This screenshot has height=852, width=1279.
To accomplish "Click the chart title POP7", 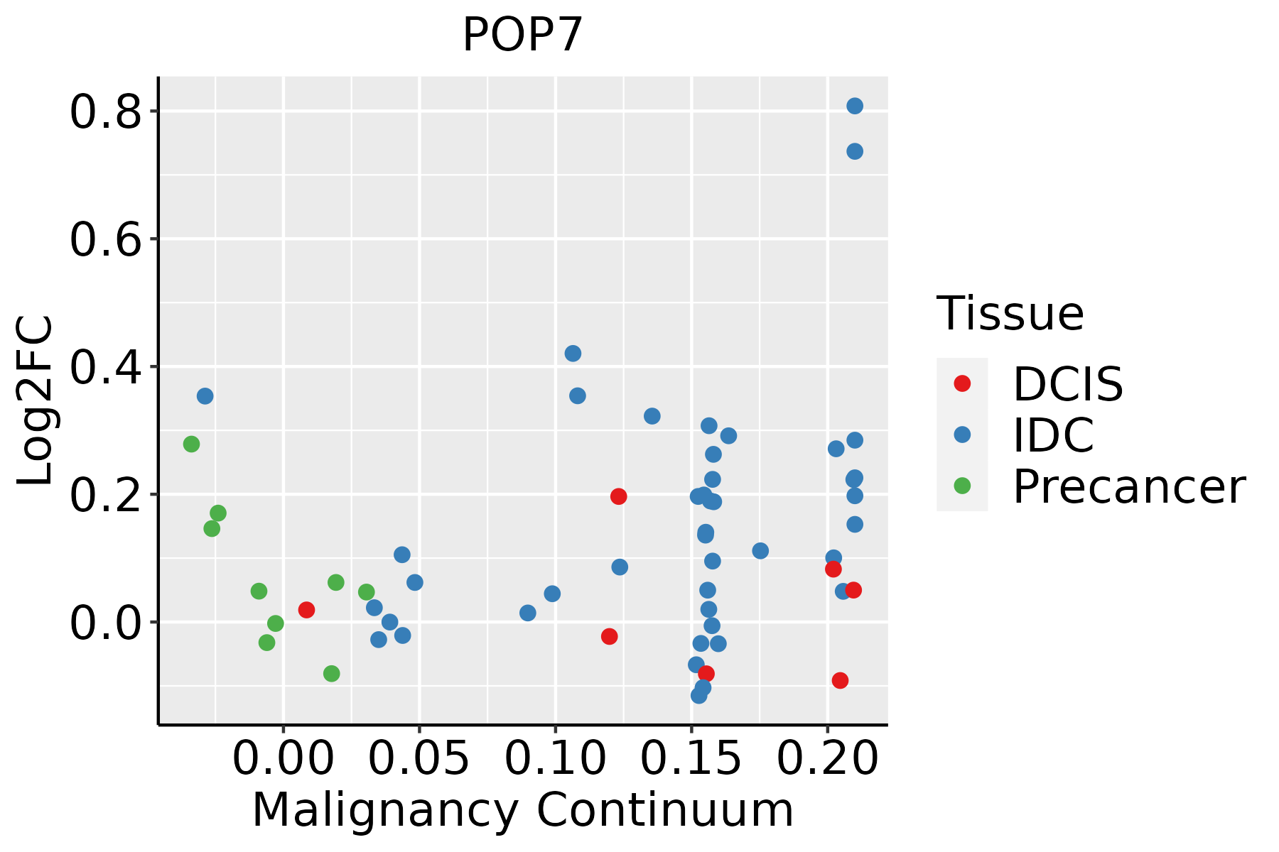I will coord(522,35).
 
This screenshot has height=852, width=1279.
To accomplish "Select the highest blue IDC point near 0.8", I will coord(855,106).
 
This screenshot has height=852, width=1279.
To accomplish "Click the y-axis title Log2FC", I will coord(36,400).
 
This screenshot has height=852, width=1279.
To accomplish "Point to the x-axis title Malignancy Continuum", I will coord(522,810).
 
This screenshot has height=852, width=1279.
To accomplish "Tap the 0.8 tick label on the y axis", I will coord(106,113).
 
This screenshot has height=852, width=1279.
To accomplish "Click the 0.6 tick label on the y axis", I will coord(106,240).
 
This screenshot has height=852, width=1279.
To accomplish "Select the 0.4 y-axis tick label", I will coord(106,367).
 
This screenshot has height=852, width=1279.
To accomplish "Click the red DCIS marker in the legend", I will coord(962,383).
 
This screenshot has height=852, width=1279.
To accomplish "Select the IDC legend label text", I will coord(1053,435).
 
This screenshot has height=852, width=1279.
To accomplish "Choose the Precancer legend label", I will coord(1128,487).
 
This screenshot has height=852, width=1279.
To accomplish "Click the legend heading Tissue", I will coord(1010,313).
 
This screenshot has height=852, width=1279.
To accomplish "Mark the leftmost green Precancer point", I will coord(191,444).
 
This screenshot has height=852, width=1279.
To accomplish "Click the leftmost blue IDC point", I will coord(205,395).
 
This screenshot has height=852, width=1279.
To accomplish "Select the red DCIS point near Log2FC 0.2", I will coord(618,496).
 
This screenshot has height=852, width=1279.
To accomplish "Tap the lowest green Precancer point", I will coord(331,673).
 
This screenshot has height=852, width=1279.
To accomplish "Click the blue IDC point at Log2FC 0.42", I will coord(573,353).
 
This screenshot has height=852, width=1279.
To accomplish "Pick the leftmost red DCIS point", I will coord(306,610).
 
